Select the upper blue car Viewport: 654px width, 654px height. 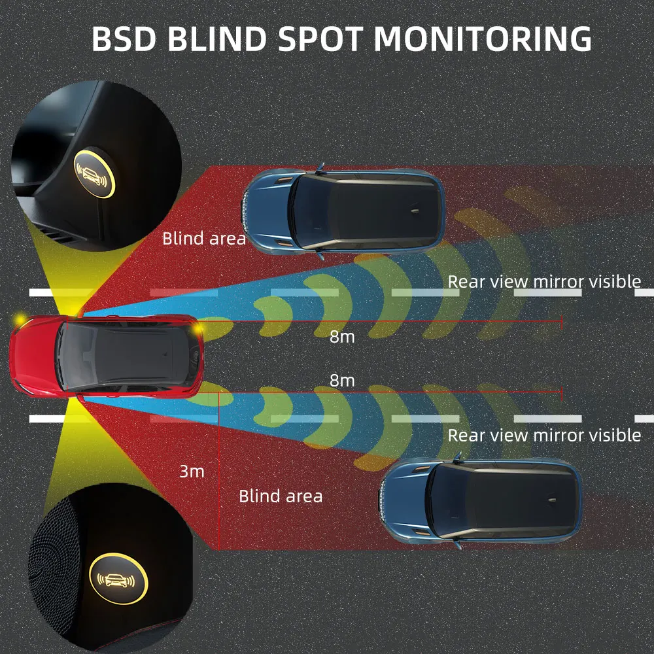click(343, 211)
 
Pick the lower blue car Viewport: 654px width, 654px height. click(481, 501)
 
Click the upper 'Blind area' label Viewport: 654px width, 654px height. click(204, 238)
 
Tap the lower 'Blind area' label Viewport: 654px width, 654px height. click(281, 496)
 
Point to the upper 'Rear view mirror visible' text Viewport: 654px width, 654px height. click(544, 282)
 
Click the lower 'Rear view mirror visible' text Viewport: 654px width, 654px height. click(544, 435)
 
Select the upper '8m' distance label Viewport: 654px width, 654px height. click(342, 337)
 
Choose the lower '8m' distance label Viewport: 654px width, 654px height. click(342, 380)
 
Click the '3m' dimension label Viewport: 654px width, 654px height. click(192, 471)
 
